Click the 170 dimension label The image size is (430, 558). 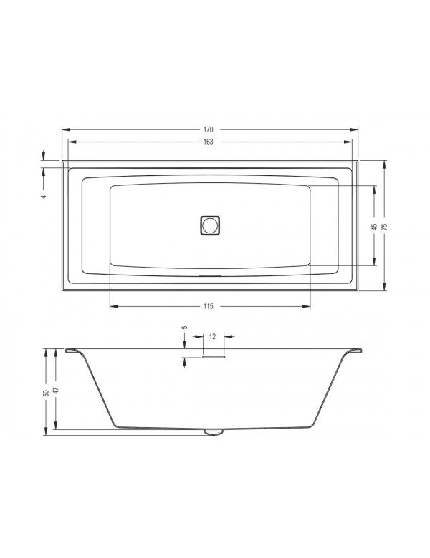209,130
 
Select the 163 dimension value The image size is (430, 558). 209,142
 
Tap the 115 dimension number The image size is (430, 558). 209,307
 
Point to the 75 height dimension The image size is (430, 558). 384,225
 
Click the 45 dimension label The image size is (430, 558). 374,226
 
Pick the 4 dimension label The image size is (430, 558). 44,195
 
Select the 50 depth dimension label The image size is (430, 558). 46,393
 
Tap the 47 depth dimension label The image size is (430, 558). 56,393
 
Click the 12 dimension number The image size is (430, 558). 214,336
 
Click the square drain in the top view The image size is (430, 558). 210,225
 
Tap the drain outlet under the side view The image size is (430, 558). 213,431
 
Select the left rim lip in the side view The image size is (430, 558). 72,351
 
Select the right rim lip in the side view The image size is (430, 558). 355,351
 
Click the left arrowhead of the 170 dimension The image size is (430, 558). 65,130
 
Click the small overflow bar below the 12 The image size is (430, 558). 213,357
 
